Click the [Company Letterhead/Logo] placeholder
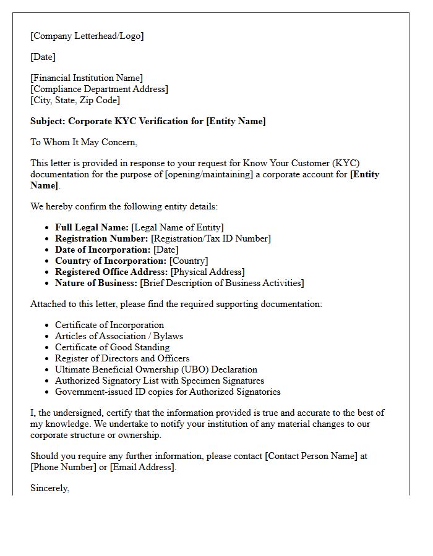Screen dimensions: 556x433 tap(87, 36)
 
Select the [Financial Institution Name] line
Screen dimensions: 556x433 tap(87, 78)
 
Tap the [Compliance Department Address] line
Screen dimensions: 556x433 tap(99, 89)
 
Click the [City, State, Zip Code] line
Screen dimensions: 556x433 tap(75, 100)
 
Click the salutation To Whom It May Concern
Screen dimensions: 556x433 tap(84, 142)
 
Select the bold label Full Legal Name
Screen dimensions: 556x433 tap(92, 227)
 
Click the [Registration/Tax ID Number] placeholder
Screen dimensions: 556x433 tap(211, 238)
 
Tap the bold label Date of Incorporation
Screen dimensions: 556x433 tap(103, 250)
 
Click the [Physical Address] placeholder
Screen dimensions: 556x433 tap(207, 272)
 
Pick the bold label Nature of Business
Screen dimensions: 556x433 tap(96, 283)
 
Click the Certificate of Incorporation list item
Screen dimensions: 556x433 tap(109, 325)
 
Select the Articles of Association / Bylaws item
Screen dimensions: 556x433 tap(119, 336)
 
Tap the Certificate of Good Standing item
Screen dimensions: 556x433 tap(112, 347)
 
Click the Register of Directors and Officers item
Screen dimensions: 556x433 tap(122, 358)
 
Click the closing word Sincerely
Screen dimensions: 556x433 tap(49, 488)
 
